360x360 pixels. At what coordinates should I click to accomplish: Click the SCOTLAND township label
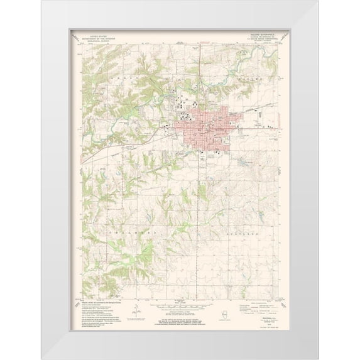tap(245, 232)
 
